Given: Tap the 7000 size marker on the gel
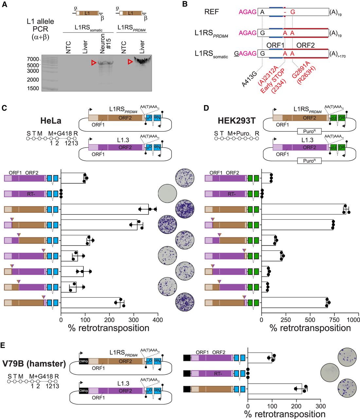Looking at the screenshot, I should pyautogui.click(x=32, y=59).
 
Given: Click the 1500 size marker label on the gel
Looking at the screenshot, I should pyautogui.click(x=32, y=88).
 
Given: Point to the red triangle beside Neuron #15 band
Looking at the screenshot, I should pyautogui.click(x=94, y=63).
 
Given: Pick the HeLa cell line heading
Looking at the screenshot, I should pyautogui.click(x=51, y=121).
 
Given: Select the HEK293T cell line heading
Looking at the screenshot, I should pyautogui.click(x=236, y=121).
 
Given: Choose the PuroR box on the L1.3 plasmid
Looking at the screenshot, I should pyautogui.click(x=309, y=161).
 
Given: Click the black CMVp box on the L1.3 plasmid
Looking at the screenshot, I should pyautogui.click(x=83, y=391).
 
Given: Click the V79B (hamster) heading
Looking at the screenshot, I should pyautogui.click(x=34, y=364).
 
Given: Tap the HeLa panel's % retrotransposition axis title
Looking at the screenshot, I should pyautogui.click(x=109, y=328).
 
